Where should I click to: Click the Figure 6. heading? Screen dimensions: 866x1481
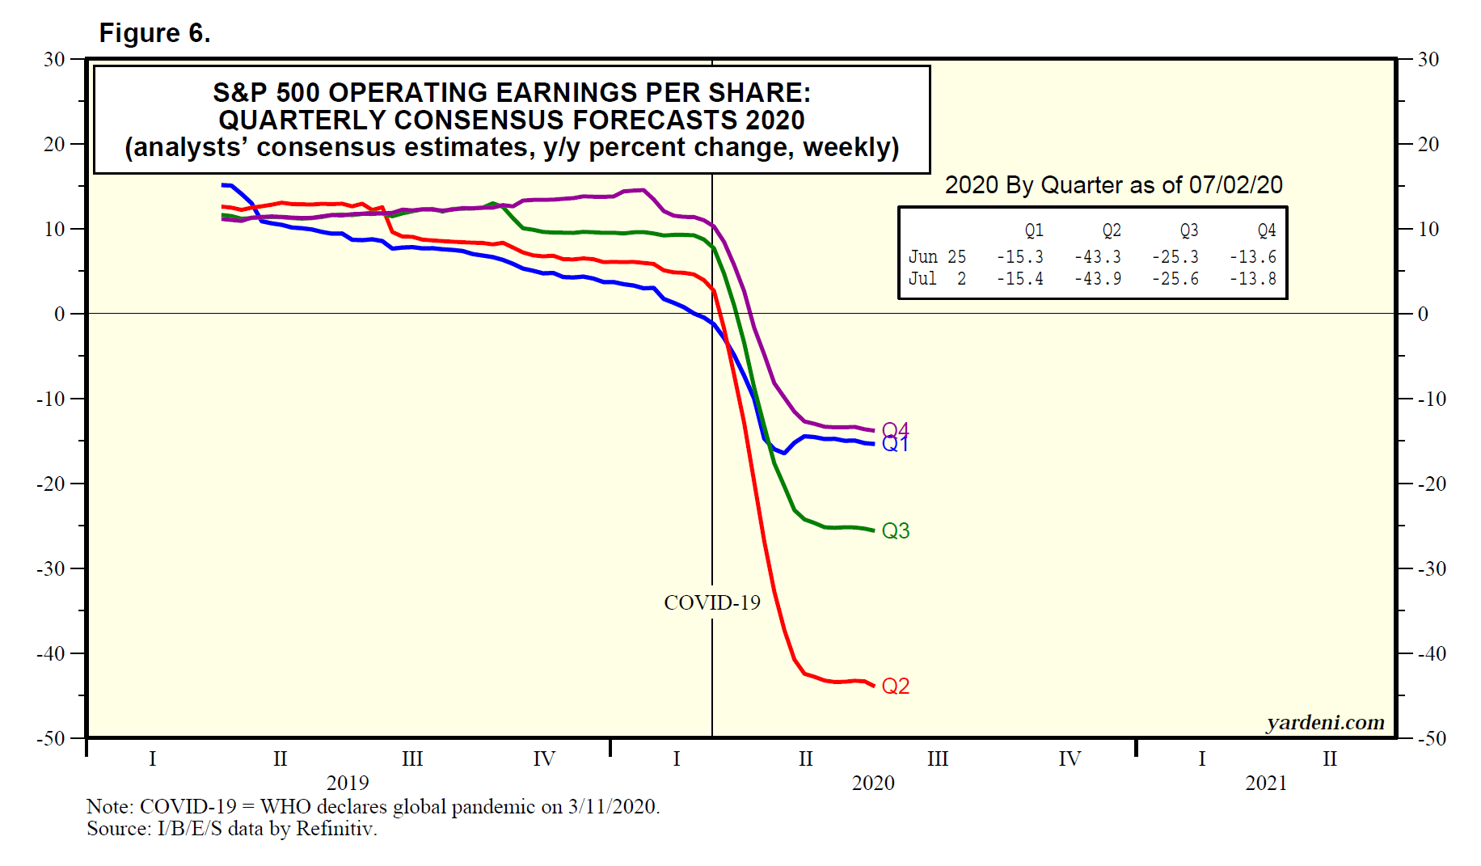[154, 33]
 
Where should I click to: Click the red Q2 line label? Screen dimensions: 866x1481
[895, 686]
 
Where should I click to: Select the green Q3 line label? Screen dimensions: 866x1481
[895, 531]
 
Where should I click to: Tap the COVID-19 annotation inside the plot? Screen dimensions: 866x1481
[711, 603]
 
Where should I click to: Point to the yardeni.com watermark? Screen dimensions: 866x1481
[1325, 723]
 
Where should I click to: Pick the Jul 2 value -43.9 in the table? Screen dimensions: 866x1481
[1097, 279]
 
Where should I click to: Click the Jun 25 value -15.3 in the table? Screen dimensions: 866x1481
[1019, 257]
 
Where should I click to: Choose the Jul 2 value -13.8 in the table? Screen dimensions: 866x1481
[1252, 279]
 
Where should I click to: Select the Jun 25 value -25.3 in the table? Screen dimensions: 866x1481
[1175, 257]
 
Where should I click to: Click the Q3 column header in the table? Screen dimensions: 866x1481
[1188, 231]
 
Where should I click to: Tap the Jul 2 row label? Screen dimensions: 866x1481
[937, 279]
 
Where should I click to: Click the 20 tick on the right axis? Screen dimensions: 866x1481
[1428, 145]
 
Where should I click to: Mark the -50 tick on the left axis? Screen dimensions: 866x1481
[51, 738]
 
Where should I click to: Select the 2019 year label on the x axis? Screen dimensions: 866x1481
[348, 784]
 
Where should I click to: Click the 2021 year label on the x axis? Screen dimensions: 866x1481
[1265, 784]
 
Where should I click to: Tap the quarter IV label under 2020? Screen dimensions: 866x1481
[1069, 759]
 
